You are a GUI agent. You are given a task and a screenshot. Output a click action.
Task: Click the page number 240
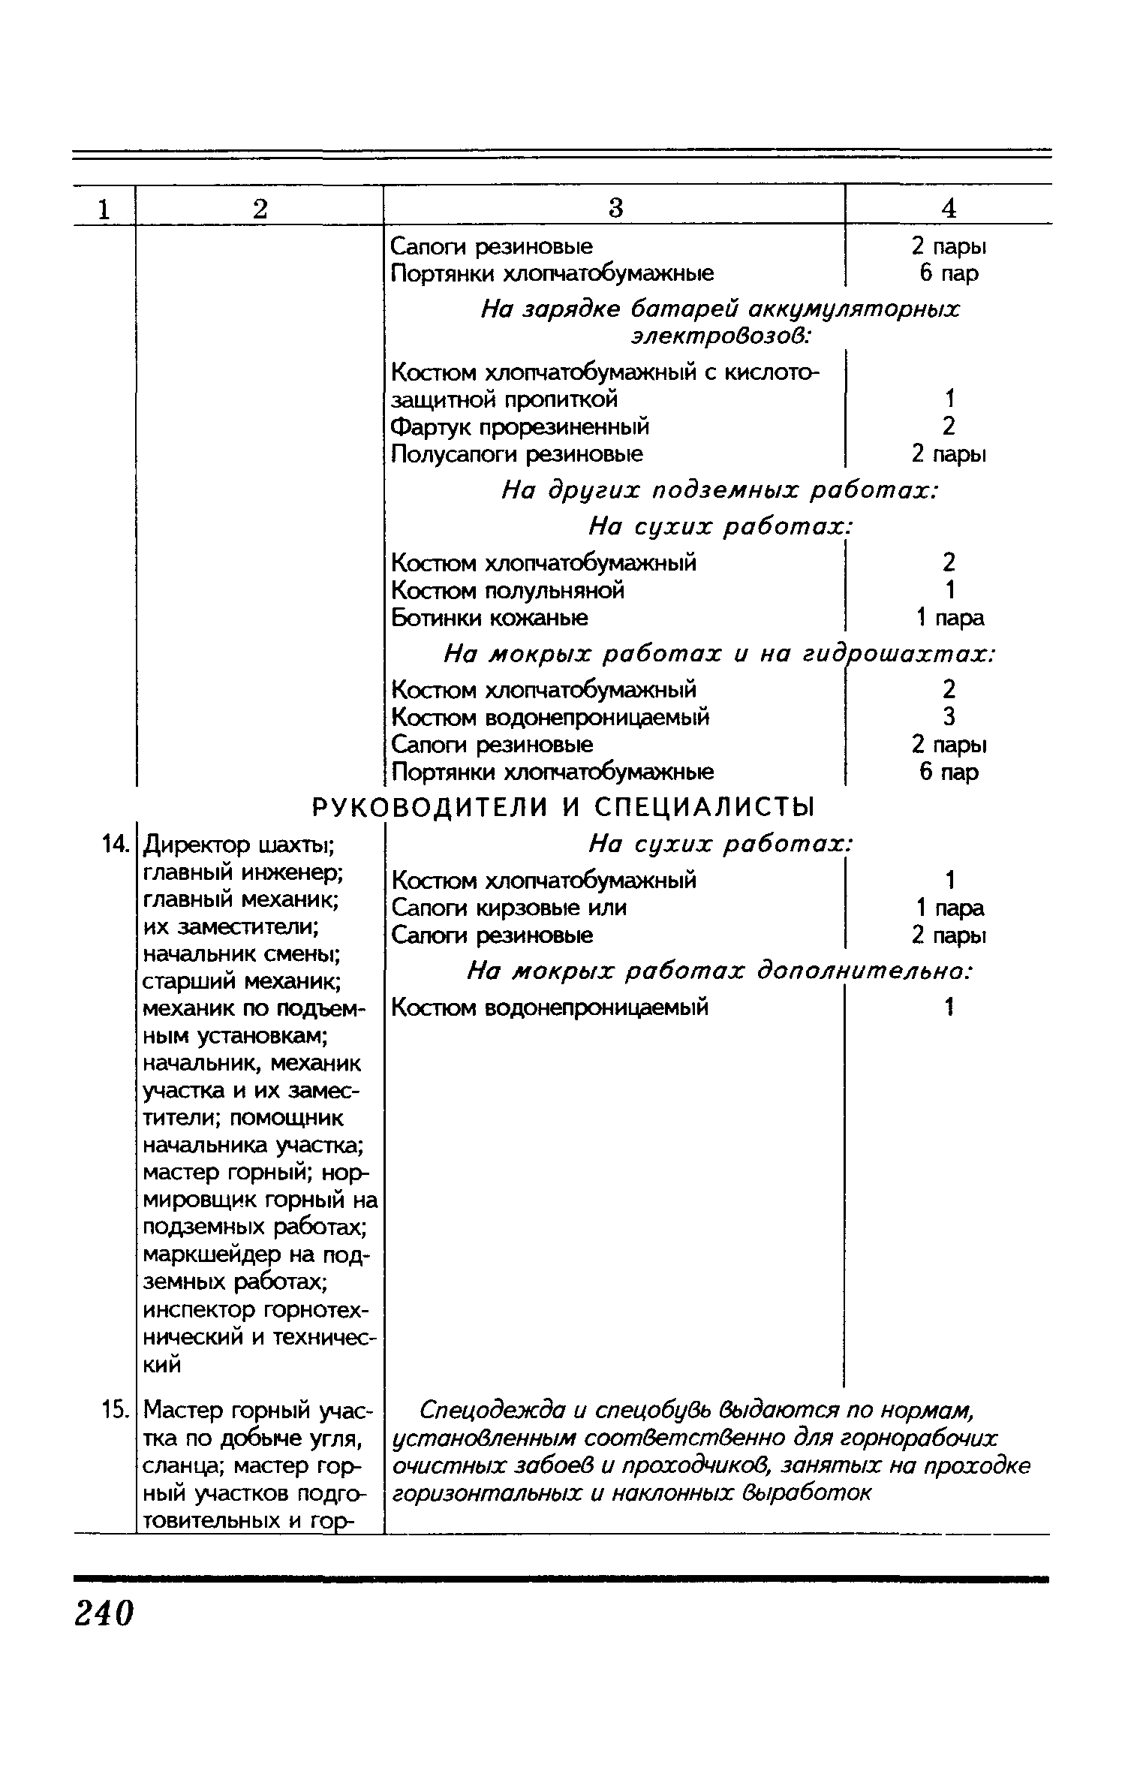point(104,1613)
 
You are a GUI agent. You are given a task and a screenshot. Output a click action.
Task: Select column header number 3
point(615,208)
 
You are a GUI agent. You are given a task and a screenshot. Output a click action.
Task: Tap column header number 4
point(949,208)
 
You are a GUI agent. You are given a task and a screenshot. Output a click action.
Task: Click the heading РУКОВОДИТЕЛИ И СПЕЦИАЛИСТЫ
point(563,807)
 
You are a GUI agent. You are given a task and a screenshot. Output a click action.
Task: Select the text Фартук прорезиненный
point(520,426)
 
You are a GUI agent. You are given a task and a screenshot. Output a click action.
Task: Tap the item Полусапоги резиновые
point(517,453)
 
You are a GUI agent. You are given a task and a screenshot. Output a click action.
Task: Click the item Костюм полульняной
point(508,590)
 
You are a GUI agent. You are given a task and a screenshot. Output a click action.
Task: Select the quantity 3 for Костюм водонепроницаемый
point(949,717)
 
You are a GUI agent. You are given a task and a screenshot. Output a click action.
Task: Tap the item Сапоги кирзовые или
point(509,908)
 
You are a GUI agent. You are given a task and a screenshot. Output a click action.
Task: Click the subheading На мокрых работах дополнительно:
point(719,971)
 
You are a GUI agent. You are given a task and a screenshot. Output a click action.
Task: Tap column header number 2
point(260,208)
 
